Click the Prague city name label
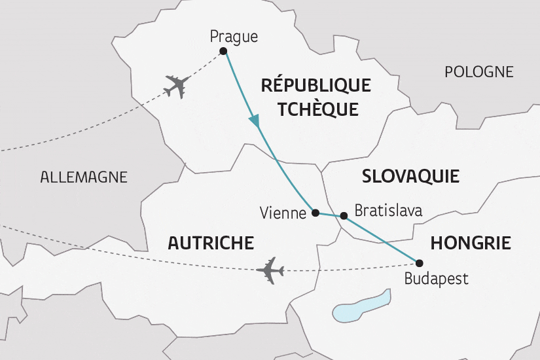click(233, 37)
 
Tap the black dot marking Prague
click(223, 51)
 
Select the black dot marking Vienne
click(315, 213)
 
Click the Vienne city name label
click(283, 213)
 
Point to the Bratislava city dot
click(344, 215)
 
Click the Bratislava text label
click(387, 211)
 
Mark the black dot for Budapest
click(420, 263)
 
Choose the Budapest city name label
click(436, 279)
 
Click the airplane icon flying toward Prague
click(177, 86)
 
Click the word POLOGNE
click(479, 72)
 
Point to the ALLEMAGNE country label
click(84, 177)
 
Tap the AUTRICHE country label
click(211, 243)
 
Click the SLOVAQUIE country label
click(410, 176)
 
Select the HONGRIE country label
click(470, 243)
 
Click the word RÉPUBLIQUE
click(315, 85)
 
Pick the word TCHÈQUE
click(317, 109)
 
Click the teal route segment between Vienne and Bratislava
click(329, 214)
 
